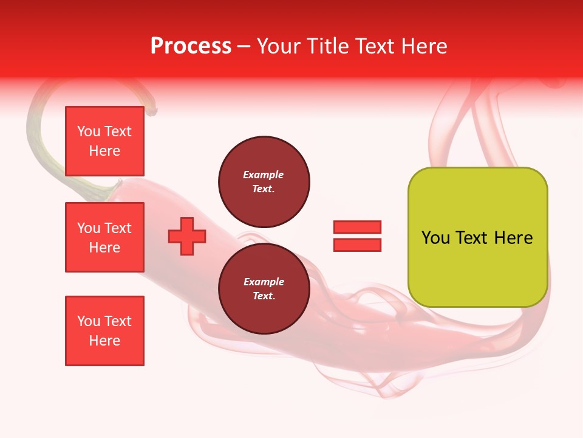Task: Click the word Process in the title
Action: [x=191, y=46]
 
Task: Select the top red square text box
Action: [x=104, y=141]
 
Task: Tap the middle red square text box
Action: [x=104, y=237]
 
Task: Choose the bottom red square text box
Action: [x=104, y=331]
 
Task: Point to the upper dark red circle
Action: [x=264, y=181]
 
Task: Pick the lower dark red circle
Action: [x=264, y=289]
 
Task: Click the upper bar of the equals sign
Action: [x=357, y=227]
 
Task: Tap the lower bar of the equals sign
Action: [x=357, y=245]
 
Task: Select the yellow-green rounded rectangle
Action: [x=477, y=268]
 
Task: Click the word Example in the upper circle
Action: [x=264, y=175]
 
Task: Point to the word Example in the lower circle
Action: [x=264, y=282]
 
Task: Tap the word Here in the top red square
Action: [x=104, y=151]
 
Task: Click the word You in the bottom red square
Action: [x=88, y=321]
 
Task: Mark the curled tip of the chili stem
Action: [x=153, y=111]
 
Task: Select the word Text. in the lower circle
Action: [x=264, y=296]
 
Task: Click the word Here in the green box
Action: [x=514, y=238]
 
